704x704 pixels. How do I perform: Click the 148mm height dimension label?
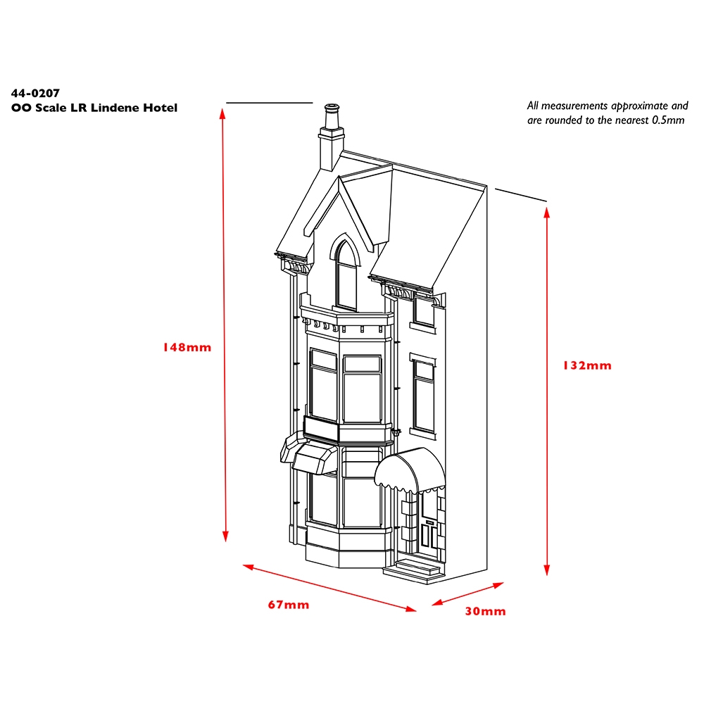[187, 347]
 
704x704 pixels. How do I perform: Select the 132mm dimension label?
[587, 365]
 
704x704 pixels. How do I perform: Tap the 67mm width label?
[289, 605]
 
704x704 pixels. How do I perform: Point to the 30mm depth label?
[485, 611]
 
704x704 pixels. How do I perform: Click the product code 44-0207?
[35, 93]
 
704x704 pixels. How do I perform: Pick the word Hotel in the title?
[161, 108]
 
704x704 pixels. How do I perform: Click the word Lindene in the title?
[115, 108]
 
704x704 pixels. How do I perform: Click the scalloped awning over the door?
[410, 470]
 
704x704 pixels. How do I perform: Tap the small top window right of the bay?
[424, 312]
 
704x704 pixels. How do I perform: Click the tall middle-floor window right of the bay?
[423, 395]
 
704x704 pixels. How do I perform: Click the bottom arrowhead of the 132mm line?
[547, 570]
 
